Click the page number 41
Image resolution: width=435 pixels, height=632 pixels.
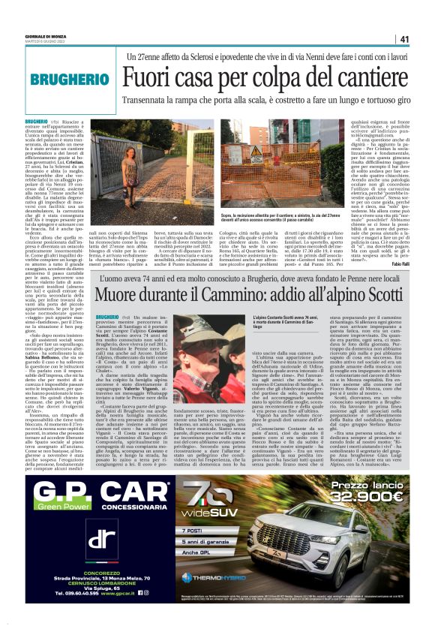(x=404, y=39)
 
